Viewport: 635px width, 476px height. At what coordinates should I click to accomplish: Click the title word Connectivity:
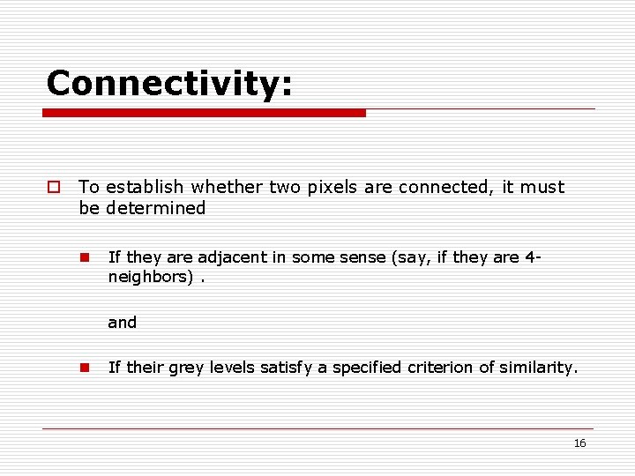(x=169, y=84)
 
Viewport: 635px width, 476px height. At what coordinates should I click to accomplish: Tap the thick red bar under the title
(x=204, y=113)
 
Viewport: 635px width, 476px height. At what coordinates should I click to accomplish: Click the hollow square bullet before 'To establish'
(x=54, y=187)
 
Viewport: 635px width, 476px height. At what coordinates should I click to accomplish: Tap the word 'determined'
(x=155, y=208)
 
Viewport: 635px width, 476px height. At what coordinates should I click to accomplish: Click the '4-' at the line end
(x=532, y=257)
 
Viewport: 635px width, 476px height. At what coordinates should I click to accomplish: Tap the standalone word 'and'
(x=122, y=323)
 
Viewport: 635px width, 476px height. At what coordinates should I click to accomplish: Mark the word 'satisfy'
(x=286, y=368)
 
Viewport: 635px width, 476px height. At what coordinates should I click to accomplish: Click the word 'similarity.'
(x=537, y=368)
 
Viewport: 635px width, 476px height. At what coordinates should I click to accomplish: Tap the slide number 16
(x=579, y=443)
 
